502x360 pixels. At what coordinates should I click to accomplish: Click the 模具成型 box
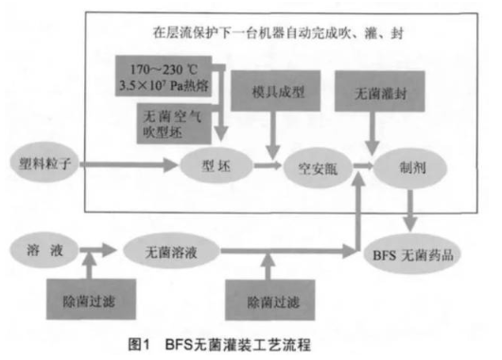[276, 94]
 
